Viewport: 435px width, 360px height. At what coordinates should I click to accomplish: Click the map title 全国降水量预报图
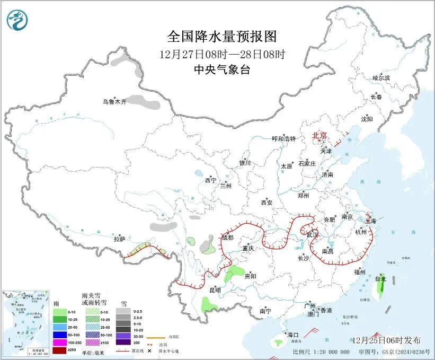tap(222, 37)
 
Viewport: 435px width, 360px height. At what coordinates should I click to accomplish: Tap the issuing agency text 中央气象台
tap(222, 69)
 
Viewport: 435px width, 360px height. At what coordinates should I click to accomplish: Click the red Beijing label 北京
tap(319, 136)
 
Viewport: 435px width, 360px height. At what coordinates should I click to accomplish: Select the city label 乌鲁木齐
tap(115, 102)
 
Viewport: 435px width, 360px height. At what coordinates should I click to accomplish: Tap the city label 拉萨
tap(119, 239)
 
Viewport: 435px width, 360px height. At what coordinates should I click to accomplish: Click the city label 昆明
tap(215, 289)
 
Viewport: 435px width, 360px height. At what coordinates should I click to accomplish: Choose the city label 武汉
tap(313, 234)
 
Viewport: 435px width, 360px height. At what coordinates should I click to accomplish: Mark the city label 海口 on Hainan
tap(293, 335)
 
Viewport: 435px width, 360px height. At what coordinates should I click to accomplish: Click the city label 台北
tap(380, 278)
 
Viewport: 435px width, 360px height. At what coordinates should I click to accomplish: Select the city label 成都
tap(228, 238)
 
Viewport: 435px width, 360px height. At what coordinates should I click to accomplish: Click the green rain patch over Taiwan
tap(379, 288)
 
